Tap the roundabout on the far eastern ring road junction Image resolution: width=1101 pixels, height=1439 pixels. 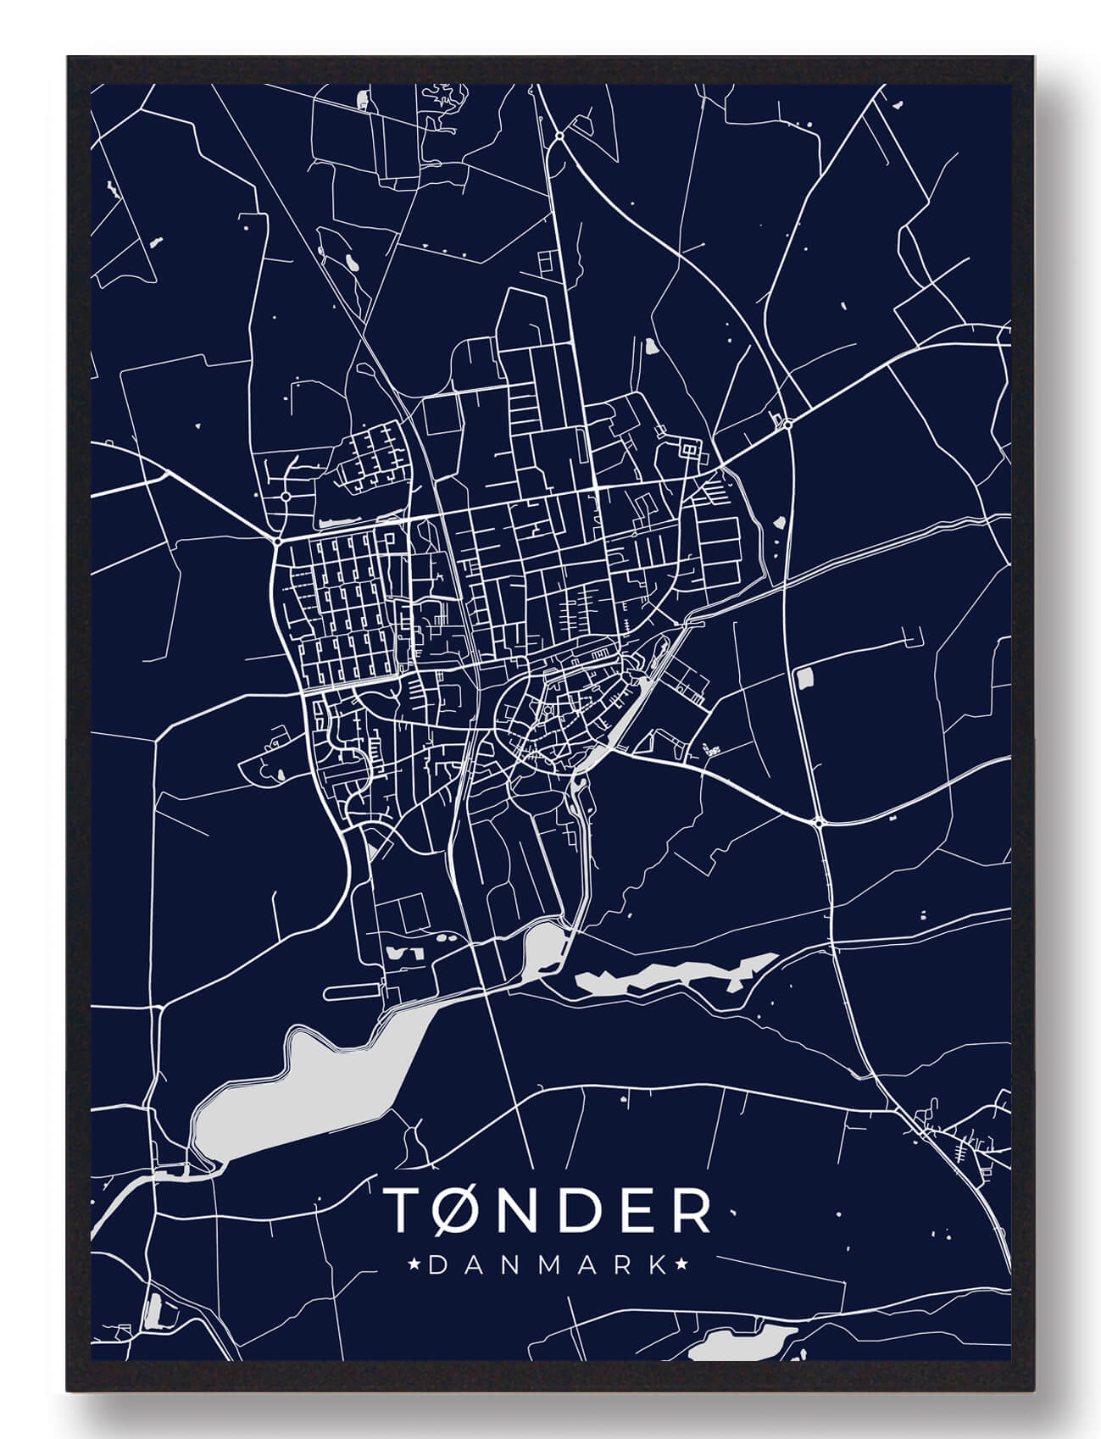coord(820,822)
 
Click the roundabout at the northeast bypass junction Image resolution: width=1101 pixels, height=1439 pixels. coord(787,424)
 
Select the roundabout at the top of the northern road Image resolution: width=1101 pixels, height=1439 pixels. coord(560,135)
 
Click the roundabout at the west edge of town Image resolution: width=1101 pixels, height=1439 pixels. coord(278,539)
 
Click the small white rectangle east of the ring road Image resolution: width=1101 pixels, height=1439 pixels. coord(804,676)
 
